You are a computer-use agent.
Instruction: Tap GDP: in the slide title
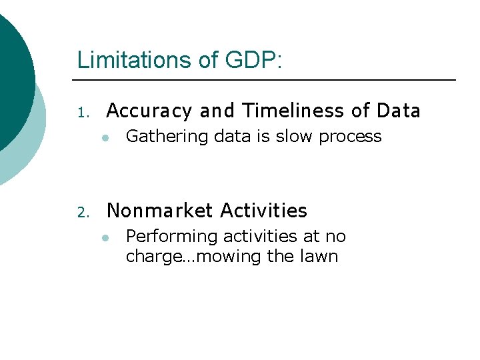254,60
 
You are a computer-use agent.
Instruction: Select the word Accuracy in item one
148,110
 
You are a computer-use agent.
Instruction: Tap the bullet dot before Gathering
105,138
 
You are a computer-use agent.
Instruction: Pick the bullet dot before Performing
105,238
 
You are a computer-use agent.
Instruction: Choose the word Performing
163,237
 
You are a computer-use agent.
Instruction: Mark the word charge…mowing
193,257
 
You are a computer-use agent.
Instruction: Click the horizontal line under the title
267,80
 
